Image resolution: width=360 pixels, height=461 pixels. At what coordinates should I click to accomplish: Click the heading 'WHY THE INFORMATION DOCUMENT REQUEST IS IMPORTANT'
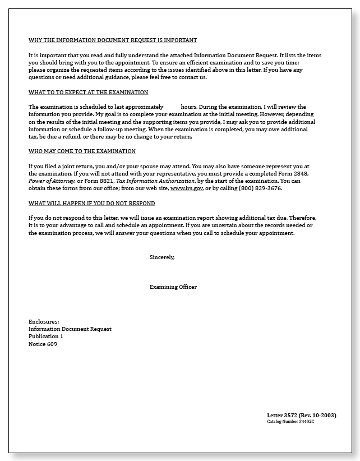point(113,40)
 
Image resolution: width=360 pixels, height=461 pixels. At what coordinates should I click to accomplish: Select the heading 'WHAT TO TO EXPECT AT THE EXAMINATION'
point(88,92)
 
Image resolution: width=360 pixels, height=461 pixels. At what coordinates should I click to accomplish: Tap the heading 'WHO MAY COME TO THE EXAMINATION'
point(82,151)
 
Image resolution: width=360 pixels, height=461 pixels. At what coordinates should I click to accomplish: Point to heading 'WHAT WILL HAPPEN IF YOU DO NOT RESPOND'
point(91,203)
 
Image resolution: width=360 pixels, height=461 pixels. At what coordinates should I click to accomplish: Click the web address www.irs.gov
point(187,188)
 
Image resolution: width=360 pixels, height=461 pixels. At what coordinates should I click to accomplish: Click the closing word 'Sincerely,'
point(162,257)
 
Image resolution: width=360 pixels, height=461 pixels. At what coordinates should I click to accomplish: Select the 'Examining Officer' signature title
point(173,287)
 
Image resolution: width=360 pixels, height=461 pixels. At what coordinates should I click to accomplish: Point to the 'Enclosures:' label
point(44,321)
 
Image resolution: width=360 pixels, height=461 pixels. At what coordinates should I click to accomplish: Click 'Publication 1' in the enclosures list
point(46,336)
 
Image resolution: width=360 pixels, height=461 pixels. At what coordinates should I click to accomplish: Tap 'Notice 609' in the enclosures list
point(43,344)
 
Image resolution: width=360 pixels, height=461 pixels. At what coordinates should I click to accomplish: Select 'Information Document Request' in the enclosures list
point(70,329)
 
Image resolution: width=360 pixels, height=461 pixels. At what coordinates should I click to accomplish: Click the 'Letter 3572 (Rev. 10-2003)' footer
point(301,415)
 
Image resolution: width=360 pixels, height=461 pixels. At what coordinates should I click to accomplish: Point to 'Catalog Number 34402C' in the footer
point(290,421)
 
